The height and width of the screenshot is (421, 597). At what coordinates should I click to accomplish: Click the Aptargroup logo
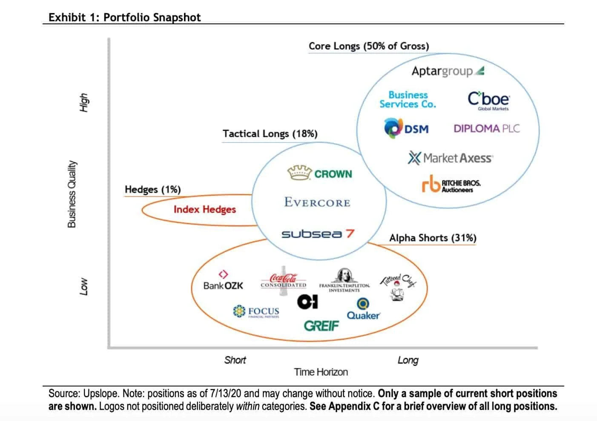(x=447, y=71)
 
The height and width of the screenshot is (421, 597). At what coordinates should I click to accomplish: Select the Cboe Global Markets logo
(x=488, y=100)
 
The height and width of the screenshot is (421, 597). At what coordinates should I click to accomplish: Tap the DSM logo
(x=406, y=128)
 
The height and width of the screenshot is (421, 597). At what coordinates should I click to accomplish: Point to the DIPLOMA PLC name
(x=486, y=129)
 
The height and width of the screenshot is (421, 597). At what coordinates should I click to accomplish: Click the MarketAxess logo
(x=450, y=158)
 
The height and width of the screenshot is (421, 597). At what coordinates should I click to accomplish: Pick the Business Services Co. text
(x=408, y=100)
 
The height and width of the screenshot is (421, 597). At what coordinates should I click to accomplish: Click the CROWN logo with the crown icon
(x=320, y=173)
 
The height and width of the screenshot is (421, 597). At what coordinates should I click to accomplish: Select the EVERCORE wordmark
(x=317, y=202)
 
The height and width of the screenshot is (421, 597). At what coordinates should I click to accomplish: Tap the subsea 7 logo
(x=318, y=234)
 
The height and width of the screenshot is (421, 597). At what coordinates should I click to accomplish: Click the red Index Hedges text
(x=204, y=209)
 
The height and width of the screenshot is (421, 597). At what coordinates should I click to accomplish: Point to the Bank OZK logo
(x=223, y=282)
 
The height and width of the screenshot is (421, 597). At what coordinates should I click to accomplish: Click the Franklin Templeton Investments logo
(x=344, y=281)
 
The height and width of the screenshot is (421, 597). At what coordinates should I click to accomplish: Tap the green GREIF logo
(x=321, y=326)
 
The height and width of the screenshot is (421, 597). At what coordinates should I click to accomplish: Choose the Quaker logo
(x=363, y=310)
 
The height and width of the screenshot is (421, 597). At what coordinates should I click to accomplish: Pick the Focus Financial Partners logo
(x=256, y=311)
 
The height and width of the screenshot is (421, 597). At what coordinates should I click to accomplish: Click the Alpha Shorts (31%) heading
(x=433, y=238)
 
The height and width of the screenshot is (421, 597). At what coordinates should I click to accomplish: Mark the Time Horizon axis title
(x=321, y=372)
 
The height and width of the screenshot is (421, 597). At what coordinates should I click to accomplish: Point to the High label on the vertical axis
(x=84, y=102)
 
